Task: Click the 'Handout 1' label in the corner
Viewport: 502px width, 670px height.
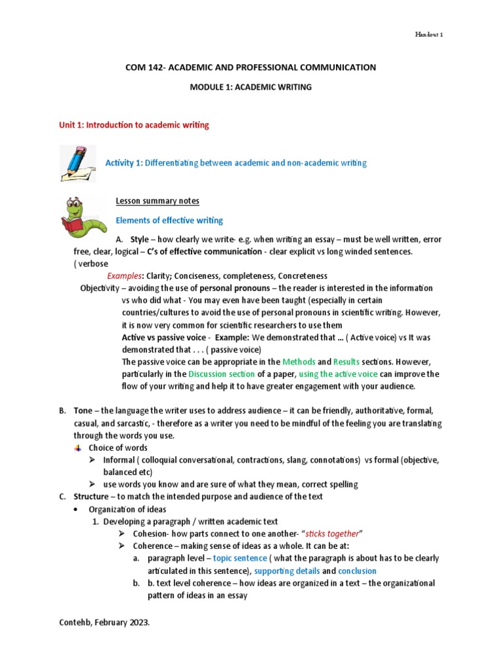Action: (x=429, y=35)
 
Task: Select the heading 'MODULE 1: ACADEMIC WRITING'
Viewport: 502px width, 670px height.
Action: (x=250, y=86)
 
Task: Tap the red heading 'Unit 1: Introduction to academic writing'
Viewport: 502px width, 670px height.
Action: (x=134, y=124)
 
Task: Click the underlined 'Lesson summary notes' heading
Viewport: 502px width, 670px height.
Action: (x=158, y=201)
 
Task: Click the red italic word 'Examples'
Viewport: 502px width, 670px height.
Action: (x=126, y=276)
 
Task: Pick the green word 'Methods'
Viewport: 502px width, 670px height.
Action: (x=298, y=362)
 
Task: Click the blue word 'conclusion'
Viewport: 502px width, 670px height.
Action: (x=358, y=571)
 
